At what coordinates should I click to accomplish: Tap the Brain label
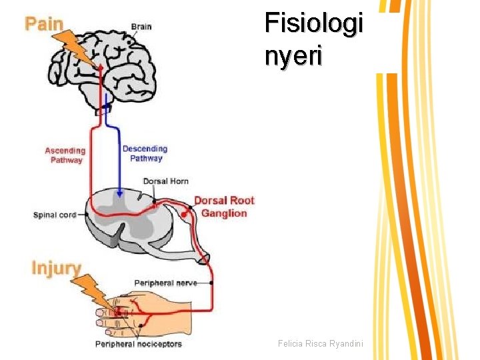click(x=141, y=27)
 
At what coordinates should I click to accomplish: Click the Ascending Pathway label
click(x=65, y=155)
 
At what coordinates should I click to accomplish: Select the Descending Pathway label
click(x=145, y=153)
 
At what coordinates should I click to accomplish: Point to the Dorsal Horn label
click(x=166, y=181)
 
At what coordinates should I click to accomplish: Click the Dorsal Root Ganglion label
click(x=224, y=207)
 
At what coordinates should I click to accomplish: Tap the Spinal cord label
click(x=55, y=215)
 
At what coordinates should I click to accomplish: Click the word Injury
click(x=57, y=269)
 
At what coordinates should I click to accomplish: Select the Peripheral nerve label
click(x=166, y=283)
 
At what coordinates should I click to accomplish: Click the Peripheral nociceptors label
click(x=138, y=344)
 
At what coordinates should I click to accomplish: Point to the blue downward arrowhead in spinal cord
click(x=119, y=193)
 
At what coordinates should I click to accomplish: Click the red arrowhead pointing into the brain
click(x=101, y=67)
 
